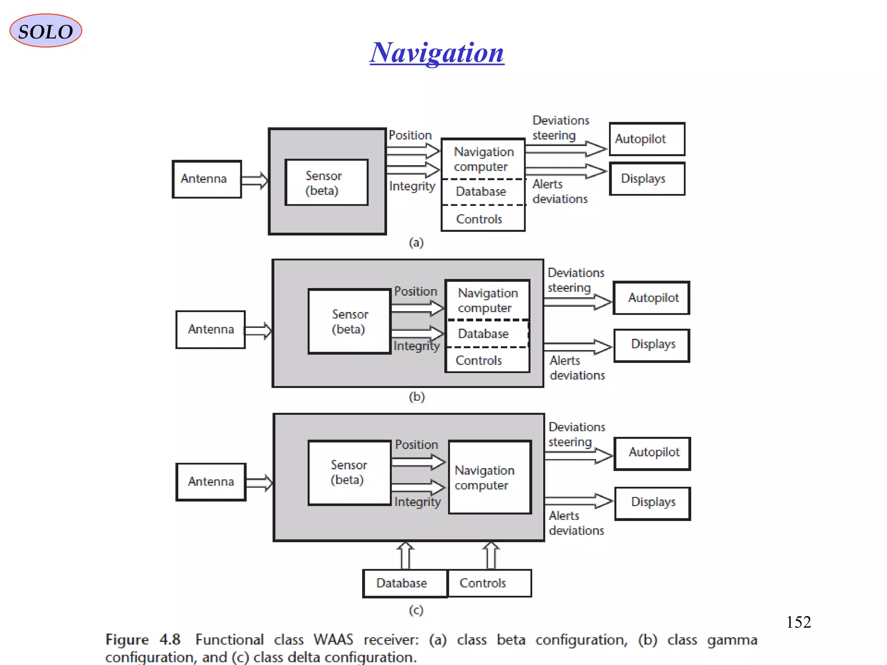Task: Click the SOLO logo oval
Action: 45,31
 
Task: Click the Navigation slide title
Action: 437,53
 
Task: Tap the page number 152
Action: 798,622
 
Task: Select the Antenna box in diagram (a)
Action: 207,179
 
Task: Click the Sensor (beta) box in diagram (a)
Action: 326,183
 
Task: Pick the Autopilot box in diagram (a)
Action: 647,139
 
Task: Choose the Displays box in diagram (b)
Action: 652,345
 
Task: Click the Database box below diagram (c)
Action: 405,583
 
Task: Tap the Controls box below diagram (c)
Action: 489,583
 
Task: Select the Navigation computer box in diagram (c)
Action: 489,477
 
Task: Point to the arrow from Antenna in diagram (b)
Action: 258,331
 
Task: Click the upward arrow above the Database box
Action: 405,555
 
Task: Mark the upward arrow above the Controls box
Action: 491,555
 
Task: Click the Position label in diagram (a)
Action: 410,135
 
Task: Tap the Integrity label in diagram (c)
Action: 417,502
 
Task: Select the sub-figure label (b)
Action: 417,397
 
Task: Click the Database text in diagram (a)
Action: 481,191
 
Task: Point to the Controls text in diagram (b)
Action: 479,360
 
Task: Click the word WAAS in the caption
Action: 333,639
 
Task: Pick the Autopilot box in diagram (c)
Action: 652,453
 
